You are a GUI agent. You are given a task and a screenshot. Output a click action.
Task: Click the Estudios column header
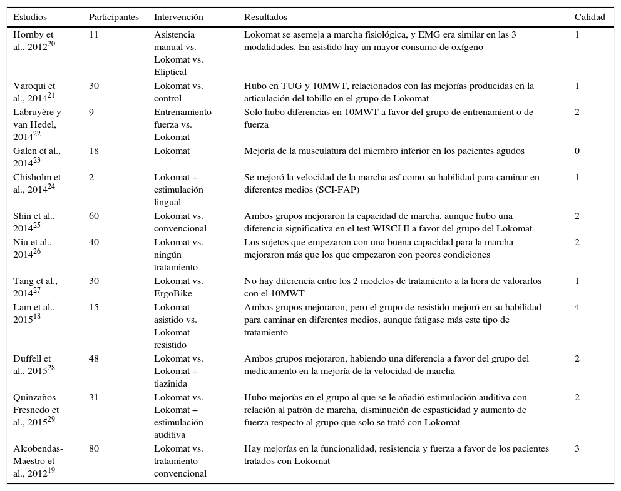29,17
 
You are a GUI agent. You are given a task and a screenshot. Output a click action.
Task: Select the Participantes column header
113,17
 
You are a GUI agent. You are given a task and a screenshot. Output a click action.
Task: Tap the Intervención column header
178,17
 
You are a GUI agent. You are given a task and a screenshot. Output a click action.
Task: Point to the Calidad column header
589,17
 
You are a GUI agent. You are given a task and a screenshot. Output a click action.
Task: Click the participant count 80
94,448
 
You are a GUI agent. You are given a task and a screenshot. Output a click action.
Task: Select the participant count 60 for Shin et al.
94,216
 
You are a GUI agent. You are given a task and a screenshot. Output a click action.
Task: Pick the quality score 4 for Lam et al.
577,307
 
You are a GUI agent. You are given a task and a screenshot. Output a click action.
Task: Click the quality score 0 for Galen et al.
577,151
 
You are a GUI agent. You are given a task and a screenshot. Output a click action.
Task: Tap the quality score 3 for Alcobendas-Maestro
577,448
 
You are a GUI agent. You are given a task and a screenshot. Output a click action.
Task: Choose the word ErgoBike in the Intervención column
172,293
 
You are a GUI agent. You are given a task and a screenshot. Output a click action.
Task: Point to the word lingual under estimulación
167,202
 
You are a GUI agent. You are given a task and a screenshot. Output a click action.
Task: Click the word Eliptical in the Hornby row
170,72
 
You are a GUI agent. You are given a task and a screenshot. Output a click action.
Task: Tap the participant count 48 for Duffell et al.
94,358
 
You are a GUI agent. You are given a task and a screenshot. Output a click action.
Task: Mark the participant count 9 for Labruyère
91,112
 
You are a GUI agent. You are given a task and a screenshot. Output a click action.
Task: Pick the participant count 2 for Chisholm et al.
91,177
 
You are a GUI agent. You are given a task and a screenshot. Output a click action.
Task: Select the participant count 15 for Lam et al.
94,307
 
